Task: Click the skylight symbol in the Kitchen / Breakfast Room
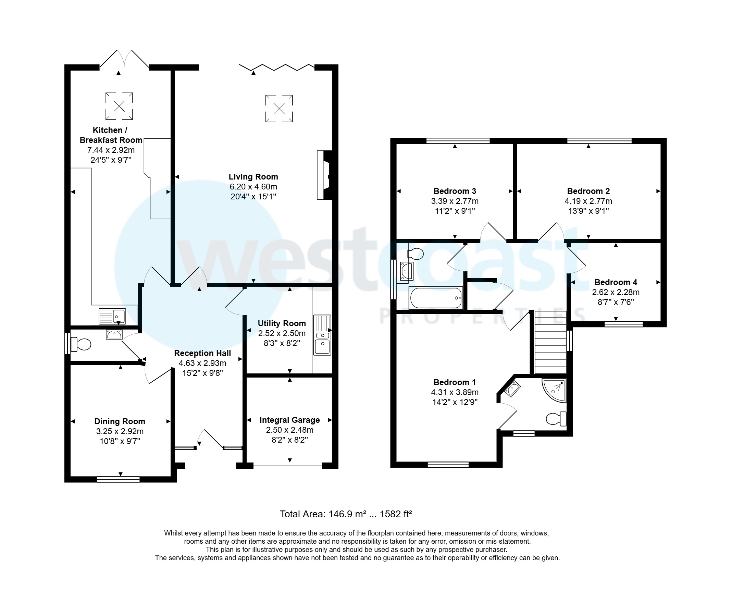pos(119,106)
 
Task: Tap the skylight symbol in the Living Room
pos(279,109)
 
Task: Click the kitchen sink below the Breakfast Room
pos(112,316)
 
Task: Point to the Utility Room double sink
pos(322,335)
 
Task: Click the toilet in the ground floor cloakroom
pos(81,344)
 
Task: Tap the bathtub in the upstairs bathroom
pos(436,298)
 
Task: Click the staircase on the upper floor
pos(550,343)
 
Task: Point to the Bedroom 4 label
pos(616,282)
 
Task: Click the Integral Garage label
pos(289,420)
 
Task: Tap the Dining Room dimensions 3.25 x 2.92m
pos(120,431)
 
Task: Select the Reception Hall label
pos(202,353)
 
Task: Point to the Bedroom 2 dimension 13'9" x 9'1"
pos(588,211)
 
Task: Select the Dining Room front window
pos(118,479)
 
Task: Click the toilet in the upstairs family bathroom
pos(416,254)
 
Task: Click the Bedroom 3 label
pos(455,191)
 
